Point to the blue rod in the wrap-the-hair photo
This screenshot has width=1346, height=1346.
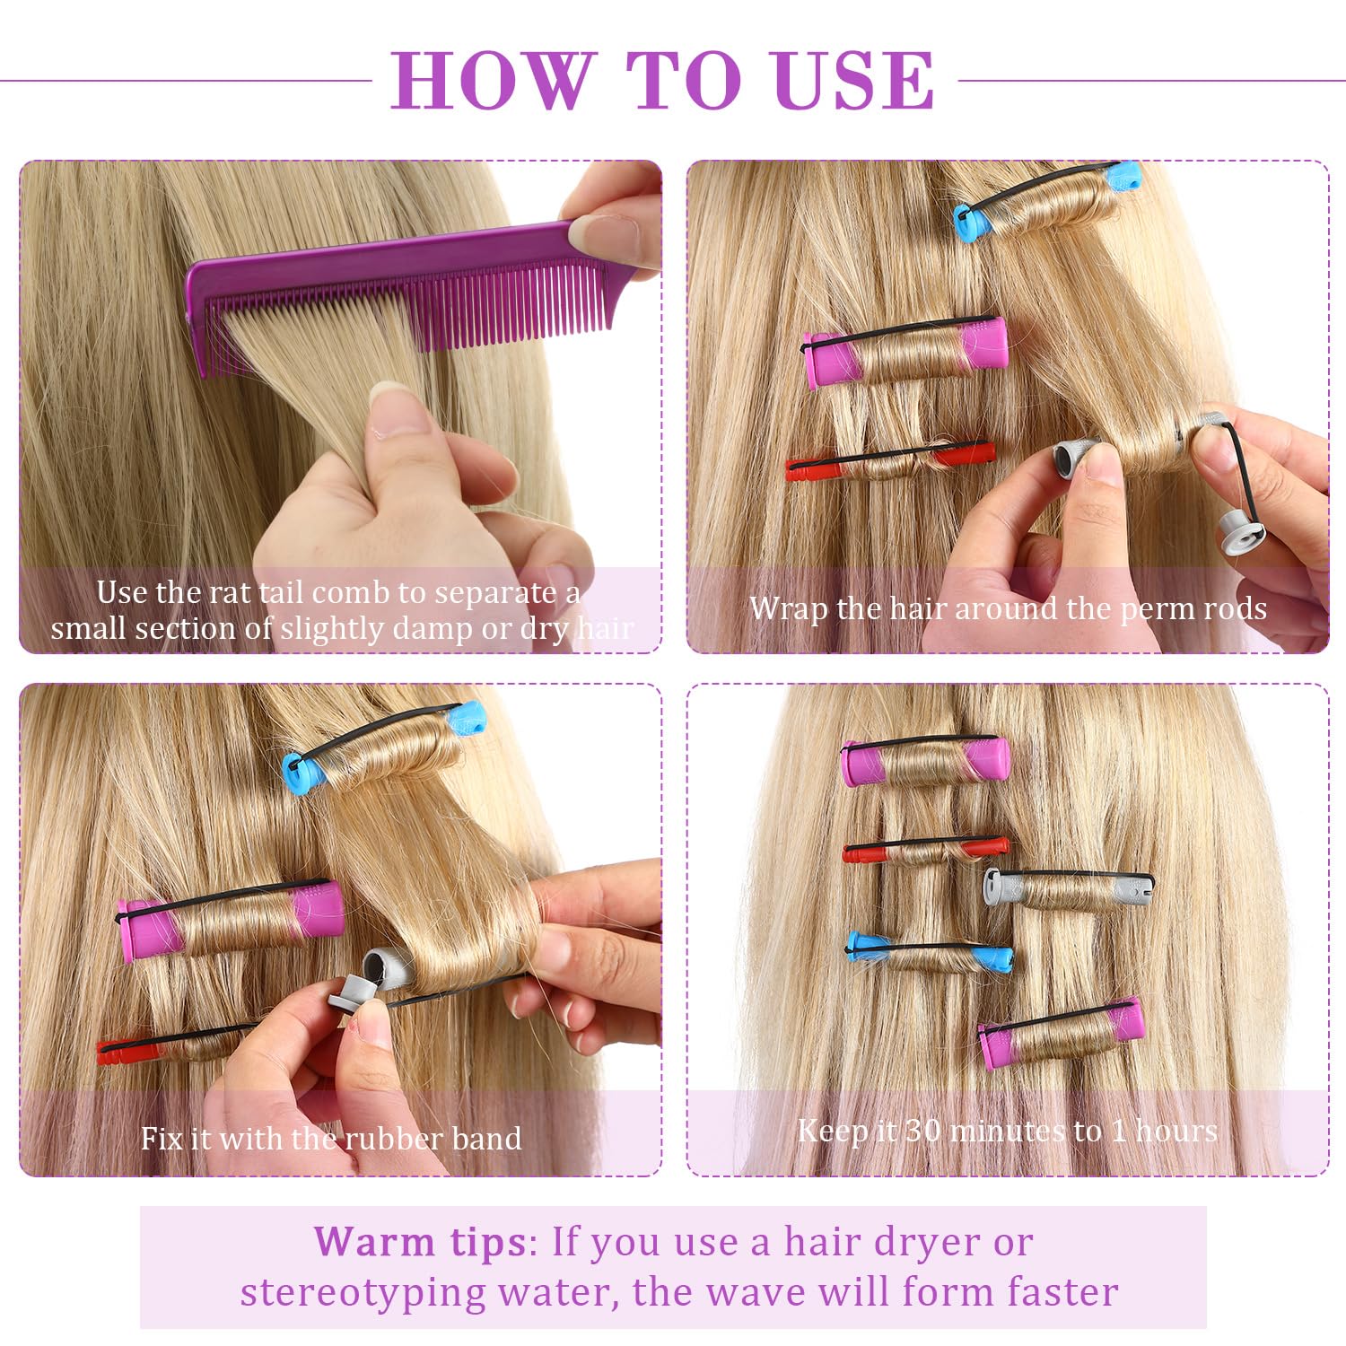(1045, 201)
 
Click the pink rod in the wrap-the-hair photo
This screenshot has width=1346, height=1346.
(905, 352)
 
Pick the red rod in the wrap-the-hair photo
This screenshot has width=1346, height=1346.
(890, 460)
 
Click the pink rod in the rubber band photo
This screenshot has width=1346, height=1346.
(231, 920)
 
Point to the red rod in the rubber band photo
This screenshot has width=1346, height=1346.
(170, 1041)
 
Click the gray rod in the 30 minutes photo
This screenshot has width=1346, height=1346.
(1068, 887)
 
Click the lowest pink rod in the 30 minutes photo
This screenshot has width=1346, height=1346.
(1062, 1033)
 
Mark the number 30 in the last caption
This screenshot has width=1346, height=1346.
(922, 1131)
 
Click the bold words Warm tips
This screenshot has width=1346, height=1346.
(420, 1242)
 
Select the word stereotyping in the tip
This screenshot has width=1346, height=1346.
(363, 1293)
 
